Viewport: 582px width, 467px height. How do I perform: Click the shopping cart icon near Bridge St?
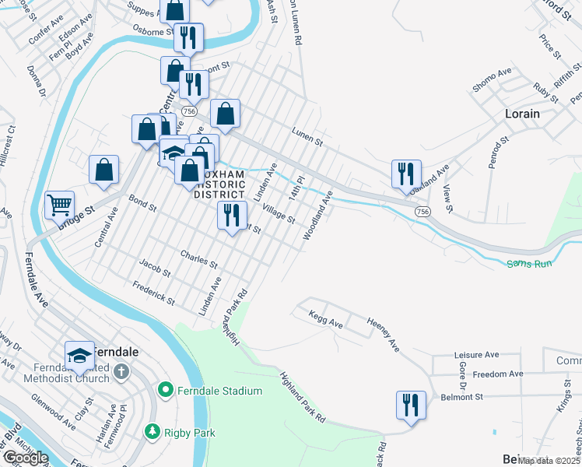click(x=59, y=205)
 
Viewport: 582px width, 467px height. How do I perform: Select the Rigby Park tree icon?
click(x=153, y=430)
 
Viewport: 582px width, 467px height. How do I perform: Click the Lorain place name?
click(x=522, y=114)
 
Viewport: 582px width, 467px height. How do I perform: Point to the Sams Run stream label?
click(x=529, y=265)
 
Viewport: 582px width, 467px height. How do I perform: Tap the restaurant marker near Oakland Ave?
click(x=406, y=174)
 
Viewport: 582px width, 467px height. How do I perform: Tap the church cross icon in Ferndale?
click(x=121, y=371)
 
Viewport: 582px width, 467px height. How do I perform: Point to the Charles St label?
click(x=198, y=258)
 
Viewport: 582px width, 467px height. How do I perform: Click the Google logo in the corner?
click(x=25, y=458)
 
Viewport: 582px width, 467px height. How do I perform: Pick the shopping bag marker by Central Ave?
click(x=103, y=170)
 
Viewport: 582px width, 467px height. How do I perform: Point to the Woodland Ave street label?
click(x=317, y=215)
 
